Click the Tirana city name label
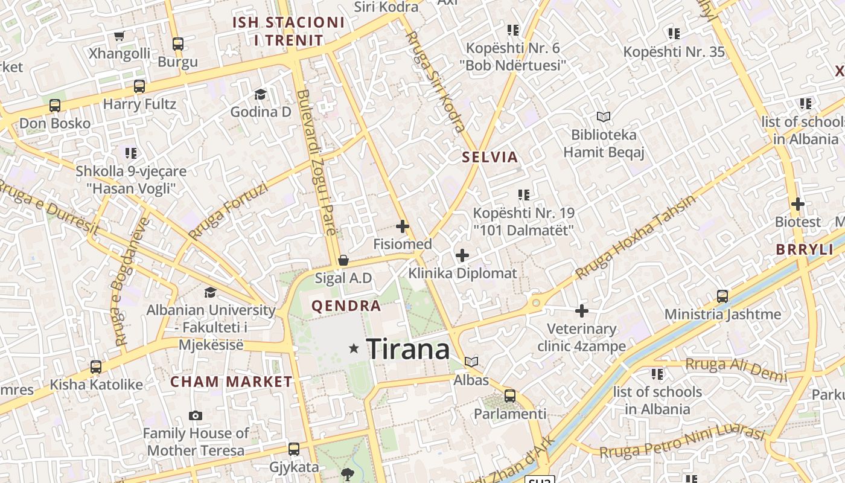[408, 349]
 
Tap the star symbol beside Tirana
[354, 348]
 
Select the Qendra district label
[346, 306]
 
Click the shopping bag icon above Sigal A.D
[343, 260]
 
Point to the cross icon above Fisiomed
[403, 227]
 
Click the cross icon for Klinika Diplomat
[462, 255]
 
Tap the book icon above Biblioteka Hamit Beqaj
[604, 117]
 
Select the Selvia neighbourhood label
[490, 158]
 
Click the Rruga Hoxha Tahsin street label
[636, 237]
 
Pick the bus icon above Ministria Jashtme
[722, 296]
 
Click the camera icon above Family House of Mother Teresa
[196, 415]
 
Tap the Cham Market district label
[231, 382]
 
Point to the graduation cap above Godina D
[261, 94]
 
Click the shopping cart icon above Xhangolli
[120, 36]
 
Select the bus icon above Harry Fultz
[139, 86]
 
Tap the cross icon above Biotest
[798, 204]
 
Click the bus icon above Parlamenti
[510, 396]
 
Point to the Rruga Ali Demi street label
[736, 369]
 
